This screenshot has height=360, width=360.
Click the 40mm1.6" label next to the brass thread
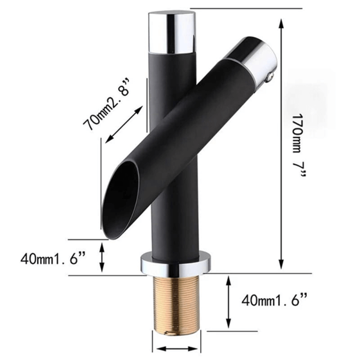(x=275, y=299)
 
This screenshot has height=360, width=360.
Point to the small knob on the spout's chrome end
(x=270, y=78)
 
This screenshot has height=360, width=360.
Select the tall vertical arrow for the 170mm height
(x=282, y=144)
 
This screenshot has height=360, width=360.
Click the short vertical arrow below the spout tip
(x=103, y=257)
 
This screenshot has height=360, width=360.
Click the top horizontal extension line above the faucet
(x=245, y=8)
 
